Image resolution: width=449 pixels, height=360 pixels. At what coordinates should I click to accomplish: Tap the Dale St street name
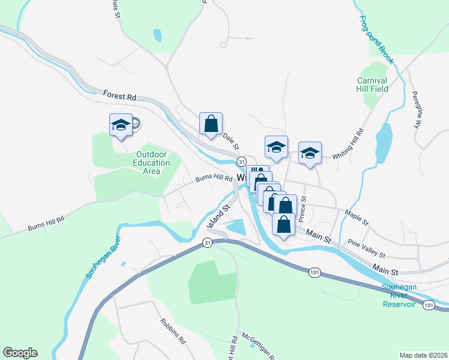[x=231, y=141]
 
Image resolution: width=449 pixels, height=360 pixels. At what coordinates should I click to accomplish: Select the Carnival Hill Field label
[x=372, y=85]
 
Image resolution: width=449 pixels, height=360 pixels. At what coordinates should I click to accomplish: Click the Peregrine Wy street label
[x=415, y=110]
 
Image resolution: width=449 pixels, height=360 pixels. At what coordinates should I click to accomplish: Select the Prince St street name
[x=304, y=208]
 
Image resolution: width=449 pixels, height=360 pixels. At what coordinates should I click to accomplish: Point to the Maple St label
[x=357, y=217]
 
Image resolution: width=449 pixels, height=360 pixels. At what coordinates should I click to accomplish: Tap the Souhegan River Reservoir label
[x=399, y=295]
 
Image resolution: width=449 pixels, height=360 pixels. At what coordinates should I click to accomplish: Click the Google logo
[x=20, y=353]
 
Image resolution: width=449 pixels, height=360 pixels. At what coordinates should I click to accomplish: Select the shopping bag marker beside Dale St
[x=211, y=124]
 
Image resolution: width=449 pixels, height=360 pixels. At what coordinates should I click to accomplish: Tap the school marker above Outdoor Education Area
[x=120, y=125]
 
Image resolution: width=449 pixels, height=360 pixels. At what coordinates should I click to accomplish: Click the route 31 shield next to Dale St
[x=241, y=161]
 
